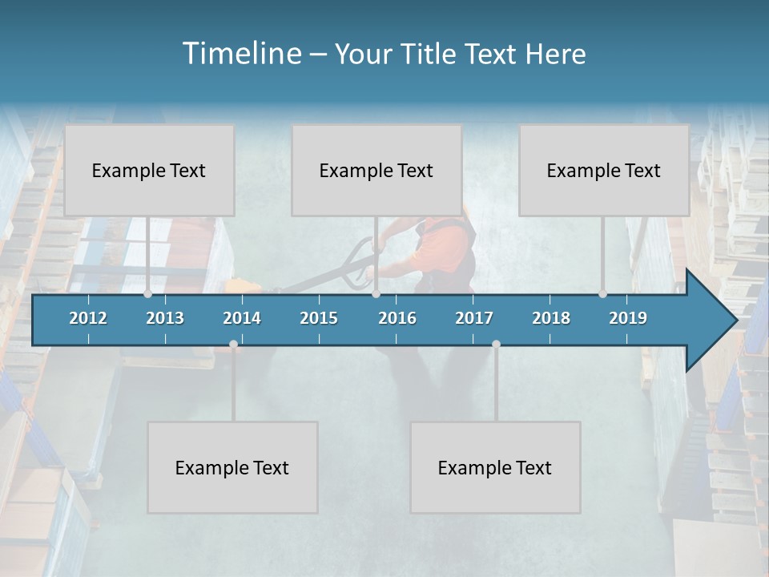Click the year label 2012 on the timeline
88,318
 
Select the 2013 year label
165,318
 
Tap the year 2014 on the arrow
242,318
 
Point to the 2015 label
319,318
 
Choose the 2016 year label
397,318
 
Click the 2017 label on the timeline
474,318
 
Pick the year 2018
551,318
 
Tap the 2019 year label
628,318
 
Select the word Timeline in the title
241,54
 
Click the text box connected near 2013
149,170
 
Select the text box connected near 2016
376,170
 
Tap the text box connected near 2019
604,170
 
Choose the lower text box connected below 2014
232,467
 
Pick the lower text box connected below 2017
495,467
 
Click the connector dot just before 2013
148,293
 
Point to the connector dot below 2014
233,345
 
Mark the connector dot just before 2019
603,293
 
